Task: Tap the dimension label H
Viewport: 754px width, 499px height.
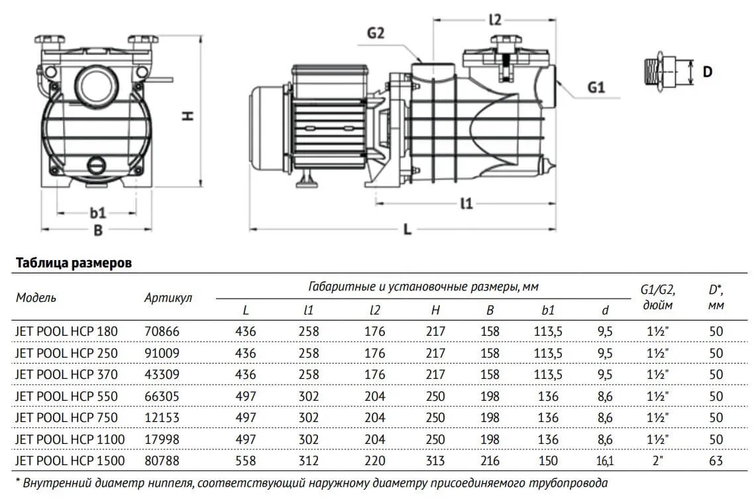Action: pyautogui.click(x=188, y=115)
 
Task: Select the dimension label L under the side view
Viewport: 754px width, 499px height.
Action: pyautogui.click(x=407, y=230)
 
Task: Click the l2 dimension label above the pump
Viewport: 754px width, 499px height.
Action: pyautogui.click(x=496, y=20)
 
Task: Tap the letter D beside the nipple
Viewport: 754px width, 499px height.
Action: pyautogui.click(x=707, y=70)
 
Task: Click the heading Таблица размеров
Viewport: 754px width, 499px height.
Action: pyautogui.click(x=73, y=263)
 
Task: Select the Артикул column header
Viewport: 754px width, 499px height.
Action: pyautogui.click(x=168, y=297)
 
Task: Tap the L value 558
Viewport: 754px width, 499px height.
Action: pyautogui.click(x=246, y=460)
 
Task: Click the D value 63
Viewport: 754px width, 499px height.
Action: pyautogui.click(x=716, y=460)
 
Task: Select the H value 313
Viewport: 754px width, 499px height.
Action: pyautogui.click(x=435, y=460)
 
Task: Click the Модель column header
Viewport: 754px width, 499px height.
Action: pyautogui.click(x=36, y=297)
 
